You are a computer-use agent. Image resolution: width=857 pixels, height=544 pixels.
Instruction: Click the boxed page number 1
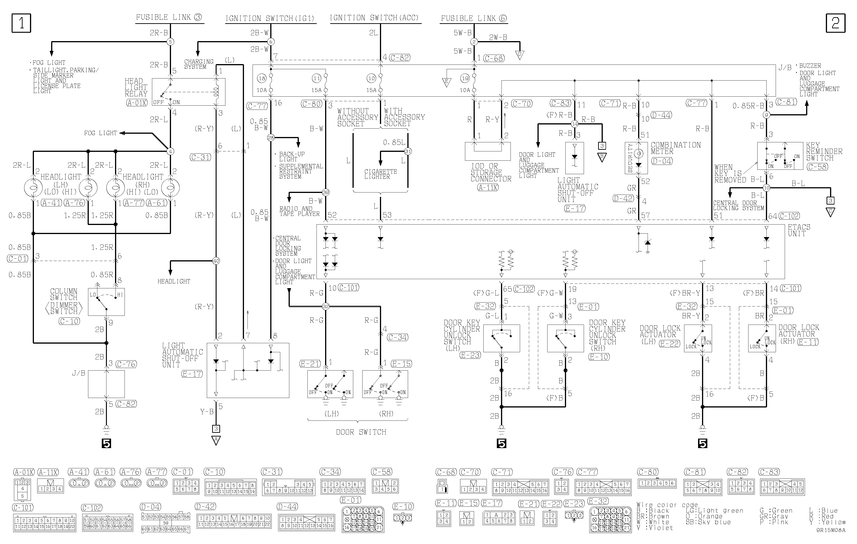[x=21, y=23]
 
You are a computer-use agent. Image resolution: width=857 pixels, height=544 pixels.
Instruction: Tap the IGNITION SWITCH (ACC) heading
[x=374, y=18]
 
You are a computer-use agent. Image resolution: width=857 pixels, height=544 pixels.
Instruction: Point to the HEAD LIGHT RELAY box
[x=189, y=92]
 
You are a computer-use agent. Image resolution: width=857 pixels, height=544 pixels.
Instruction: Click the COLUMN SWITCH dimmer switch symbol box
[x=106, y=302]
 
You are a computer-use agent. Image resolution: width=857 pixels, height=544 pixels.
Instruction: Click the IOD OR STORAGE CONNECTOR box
[x=488, y=151]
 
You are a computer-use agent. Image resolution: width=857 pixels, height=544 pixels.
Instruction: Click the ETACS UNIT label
[x=799, y=230]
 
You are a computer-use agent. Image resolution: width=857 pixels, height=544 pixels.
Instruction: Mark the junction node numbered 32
[x=325, y=306]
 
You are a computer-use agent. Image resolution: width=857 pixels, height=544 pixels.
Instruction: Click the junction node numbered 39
[x=325, y=192]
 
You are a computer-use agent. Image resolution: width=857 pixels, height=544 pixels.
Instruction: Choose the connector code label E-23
[x=470, y=355]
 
